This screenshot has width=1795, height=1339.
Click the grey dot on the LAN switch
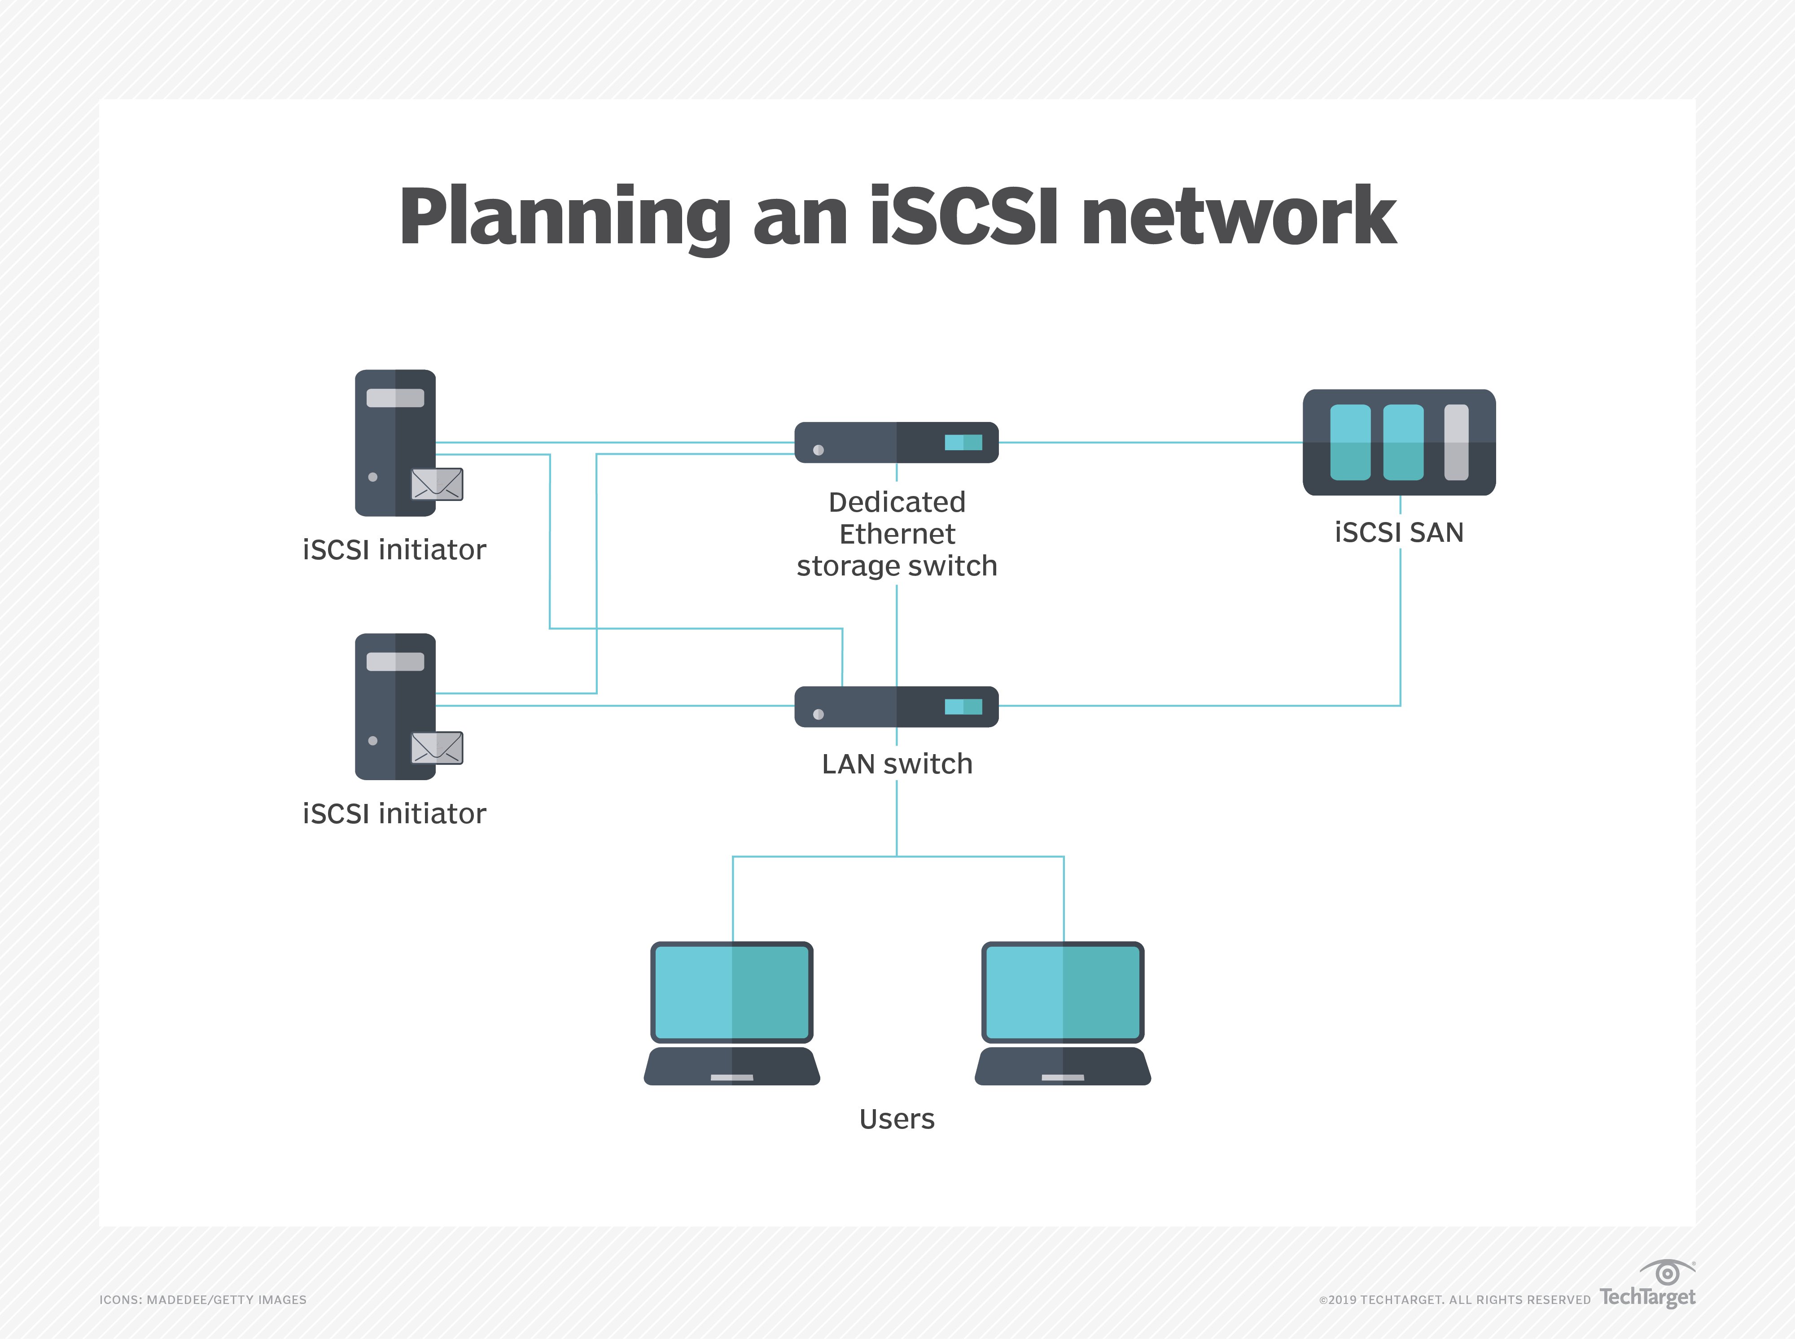819,714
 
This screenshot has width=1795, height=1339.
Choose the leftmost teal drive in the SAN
1350,443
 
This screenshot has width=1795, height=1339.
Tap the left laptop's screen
732,992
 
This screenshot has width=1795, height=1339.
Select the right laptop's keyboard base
1062,1067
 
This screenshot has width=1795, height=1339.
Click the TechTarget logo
1647,1289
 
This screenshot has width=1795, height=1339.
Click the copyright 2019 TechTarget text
1455,1299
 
